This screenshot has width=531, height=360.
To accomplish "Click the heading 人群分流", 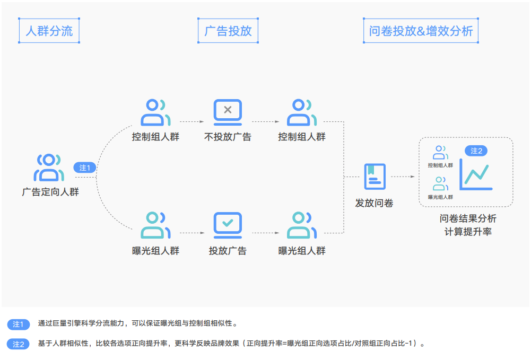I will (x=49, y=31).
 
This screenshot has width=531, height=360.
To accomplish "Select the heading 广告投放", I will (x=228, y=31).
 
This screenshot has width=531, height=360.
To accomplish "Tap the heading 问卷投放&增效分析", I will (x=421, y=31).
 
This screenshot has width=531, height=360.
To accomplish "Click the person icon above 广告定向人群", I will (x=48, y=167).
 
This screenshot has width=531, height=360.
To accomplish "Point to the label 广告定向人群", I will (x=50, y=192).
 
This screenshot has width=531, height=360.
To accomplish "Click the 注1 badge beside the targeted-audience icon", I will (x=85, y=168).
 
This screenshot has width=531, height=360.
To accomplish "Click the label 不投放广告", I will (x=228, y=137).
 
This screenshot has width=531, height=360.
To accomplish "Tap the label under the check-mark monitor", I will (x=228, y=251).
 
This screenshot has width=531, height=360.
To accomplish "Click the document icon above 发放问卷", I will (x=375, y=177).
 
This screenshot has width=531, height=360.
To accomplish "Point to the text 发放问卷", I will (x=375, y=203).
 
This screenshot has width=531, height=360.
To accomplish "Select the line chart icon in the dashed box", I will (x=476, y=175).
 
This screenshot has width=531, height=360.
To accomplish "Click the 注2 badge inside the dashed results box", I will (x=476, y=151).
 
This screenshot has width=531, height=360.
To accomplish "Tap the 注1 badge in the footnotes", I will (x=19, y=324).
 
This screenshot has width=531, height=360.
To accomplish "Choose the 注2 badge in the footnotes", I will (x=19, y=344).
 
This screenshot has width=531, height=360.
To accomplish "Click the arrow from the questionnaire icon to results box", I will (x=402, y=177).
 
